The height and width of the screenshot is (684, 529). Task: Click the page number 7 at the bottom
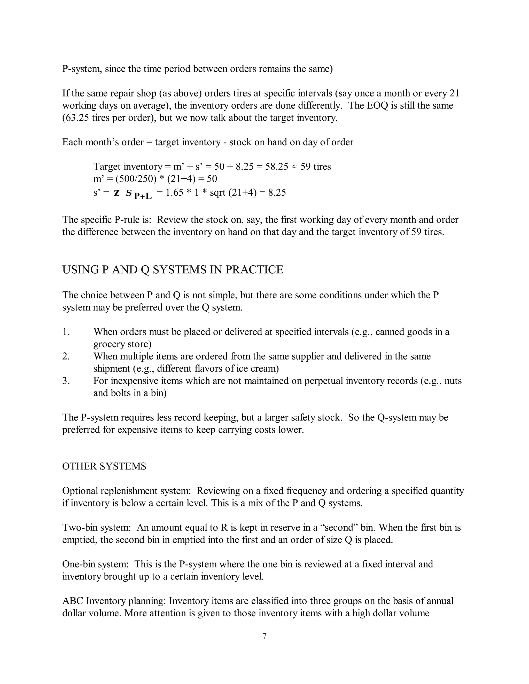(x=264, y=636)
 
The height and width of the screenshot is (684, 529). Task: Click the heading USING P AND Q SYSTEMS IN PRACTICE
(x=173, y=270)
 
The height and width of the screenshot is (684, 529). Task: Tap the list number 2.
(x=66, y=356)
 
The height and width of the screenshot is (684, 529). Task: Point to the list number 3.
(x=66, y=381)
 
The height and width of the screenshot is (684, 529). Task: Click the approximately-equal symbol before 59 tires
(x=294, y=167)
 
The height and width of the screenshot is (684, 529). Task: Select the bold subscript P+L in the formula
(x=143, y=196)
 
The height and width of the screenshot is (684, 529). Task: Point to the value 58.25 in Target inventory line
(x=276, y=167)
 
